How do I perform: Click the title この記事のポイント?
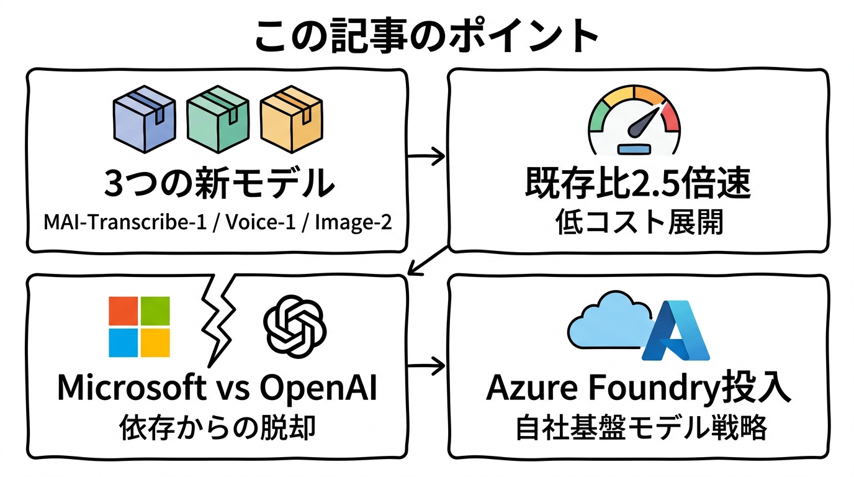(426, 35)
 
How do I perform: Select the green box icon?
(217, 119)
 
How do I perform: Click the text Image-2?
(354, 221)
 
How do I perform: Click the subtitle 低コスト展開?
(638, 222)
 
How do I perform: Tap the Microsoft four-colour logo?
(139, 327)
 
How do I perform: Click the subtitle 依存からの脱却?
(217, 427)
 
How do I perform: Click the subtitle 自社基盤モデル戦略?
(638, 428)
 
